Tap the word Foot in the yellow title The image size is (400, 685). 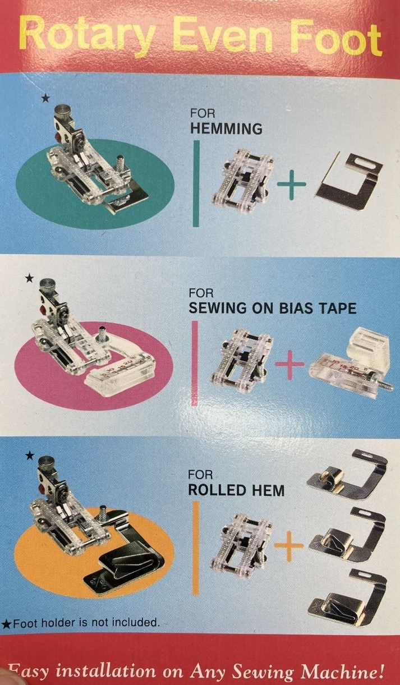(336, 39)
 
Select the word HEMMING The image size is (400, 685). (226, 128)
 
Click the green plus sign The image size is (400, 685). (291, 185)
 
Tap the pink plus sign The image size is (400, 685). (289, 365)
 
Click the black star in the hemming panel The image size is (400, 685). (45, 98)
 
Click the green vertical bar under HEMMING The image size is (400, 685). (196, 183)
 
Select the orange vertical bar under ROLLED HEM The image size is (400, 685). (196, 548)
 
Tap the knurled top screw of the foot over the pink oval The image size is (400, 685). (47, 285)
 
